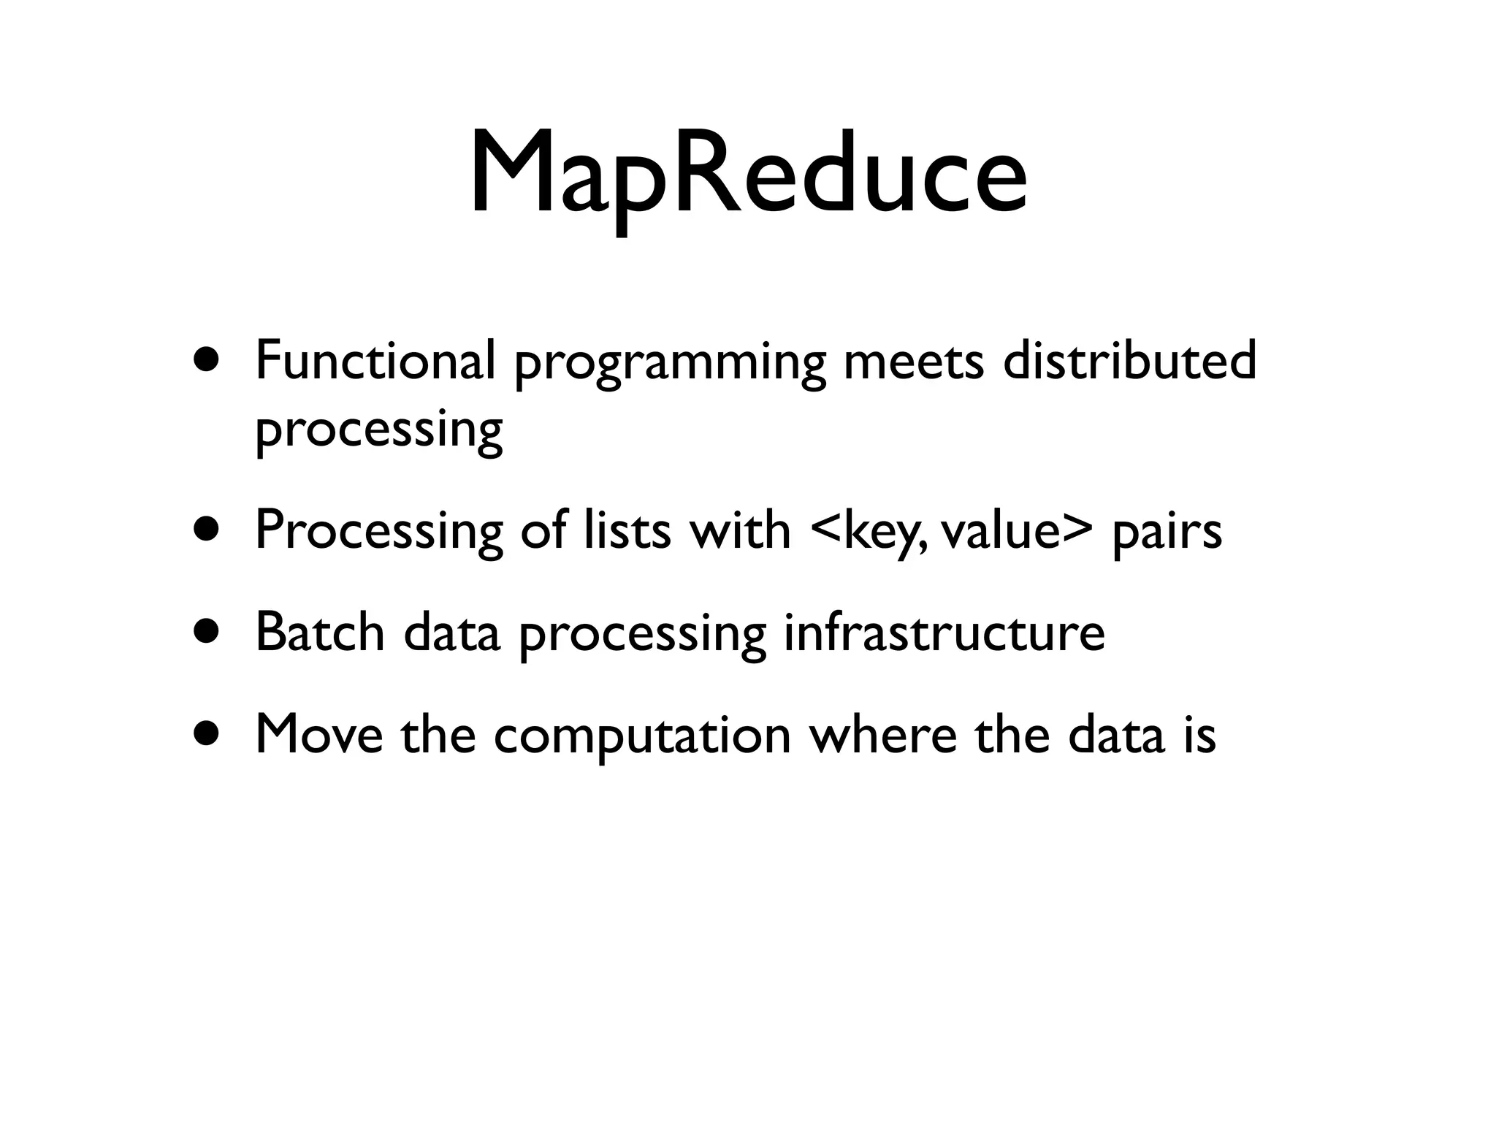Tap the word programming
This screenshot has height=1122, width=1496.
pyautogui.click(x=670, y=363)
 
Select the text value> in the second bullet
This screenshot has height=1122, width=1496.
pyautogui.click(x=1017, y=530)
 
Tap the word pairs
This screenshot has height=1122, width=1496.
pyautogui.click(x=1167, y=531)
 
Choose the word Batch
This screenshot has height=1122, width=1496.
pyautogui.click(x=320, y=631)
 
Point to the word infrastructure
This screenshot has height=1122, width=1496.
pyautogui.click(x=944, y=631)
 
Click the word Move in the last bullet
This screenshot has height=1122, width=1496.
pyautogui.click(x=319, y=733)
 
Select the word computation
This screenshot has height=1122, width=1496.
pyautogui.click(x=642, y=735)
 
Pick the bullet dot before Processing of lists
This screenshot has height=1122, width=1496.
pyautogui.click(x=206, y=529)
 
